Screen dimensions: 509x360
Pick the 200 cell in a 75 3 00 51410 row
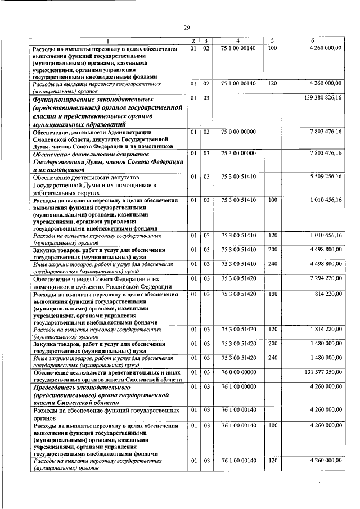pyautogui.click(x=272, y=249)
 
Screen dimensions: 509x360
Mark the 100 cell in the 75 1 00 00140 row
pyautogui.click(x=272, y=49)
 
